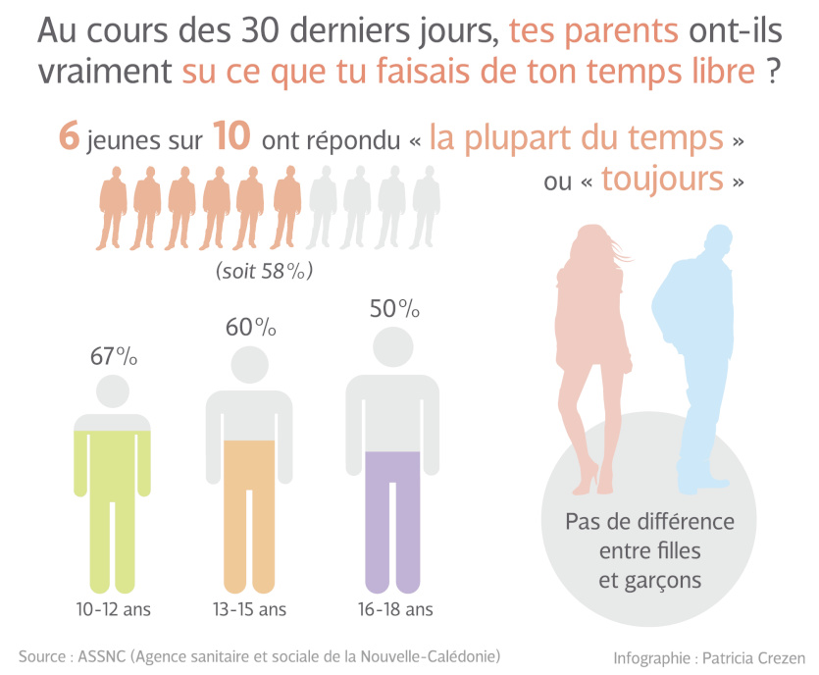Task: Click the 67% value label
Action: [x=114, y=356]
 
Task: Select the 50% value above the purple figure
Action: [x=394, y=309]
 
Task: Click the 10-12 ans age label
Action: [x=114, y=609]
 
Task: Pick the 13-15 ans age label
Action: [x=250, y=609]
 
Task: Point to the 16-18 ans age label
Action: [x=395, y=609]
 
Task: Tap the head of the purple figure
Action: [x=394, y=347]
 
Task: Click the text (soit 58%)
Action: [x=270, y=271]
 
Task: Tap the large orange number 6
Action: [x=69, y=138]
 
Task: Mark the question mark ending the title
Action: [x=774, y=74]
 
